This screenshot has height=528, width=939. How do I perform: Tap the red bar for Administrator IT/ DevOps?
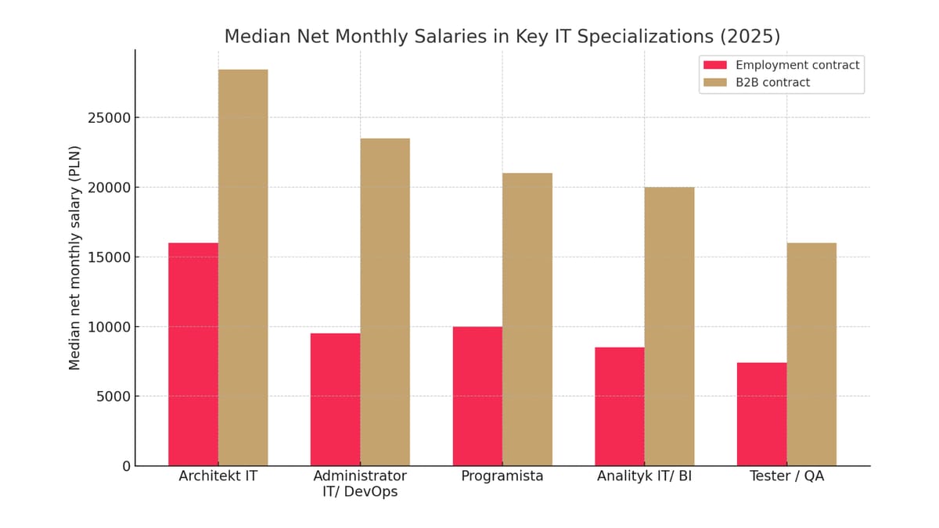[x=335, y=400]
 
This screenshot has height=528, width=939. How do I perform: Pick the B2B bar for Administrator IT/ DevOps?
[x=385, y=302]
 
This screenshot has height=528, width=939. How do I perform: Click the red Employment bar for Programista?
[x=477, y=396]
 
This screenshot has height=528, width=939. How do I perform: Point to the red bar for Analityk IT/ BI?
[x=619, y=407]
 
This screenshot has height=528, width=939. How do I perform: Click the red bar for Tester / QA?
[x=761, y=414]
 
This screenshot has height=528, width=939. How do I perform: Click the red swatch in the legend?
[x=715, y=65]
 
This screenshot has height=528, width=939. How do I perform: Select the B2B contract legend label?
[x=772, y=82]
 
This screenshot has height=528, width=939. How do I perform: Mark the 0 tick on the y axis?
[x=126, y=466]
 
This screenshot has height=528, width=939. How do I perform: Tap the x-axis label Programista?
[x=502, y=476]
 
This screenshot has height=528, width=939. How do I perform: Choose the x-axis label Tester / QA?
[x=786, y=476]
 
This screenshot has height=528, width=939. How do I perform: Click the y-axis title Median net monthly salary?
[x=75, y=257]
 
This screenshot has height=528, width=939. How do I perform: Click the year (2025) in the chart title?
[x=750, y=37]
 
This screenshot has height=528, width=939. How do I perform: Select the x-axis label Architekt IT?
[x=218, y=476]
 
